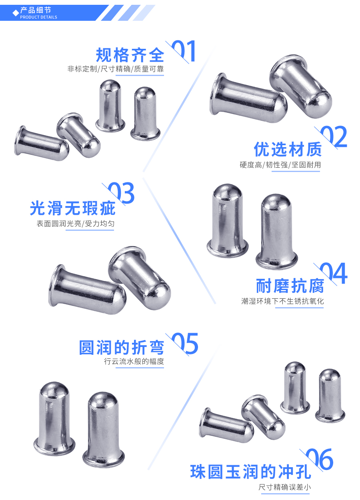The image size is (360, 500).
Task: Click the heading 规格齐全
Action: pos(130,55)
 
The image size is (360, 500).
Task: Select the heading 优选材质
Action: pos(288,150)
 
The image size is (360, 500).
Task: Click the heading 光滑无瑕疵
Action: pos(73,208)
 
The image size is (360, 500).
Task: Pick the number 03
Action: pos(121,194)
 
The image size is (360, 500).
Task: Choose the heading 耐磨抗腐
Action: pos(290,286)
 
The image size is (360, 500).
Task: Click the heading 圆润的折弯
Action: pos(122,348)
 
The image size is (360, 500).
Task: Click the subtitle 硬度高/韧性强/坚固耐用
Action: pos(280,165)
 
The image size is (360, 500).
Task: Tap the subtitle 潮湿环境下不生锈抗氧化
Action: pos(282,301)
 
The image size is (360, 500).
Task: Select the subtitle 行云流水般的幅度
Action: pos(134,362)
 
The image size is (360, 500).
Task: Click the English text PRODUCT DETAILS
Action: pos(38,17)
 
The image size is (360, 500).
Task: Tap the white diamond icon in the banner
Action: pos(16,13)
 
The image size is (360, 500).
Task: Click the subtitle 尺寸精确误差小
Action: pos(284,487)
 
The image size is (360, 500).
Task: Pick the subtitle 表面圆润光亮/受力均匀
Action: pos(76,224)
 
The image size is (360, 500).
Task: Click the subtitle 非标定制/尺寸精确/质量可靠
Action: pos(116,69)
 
